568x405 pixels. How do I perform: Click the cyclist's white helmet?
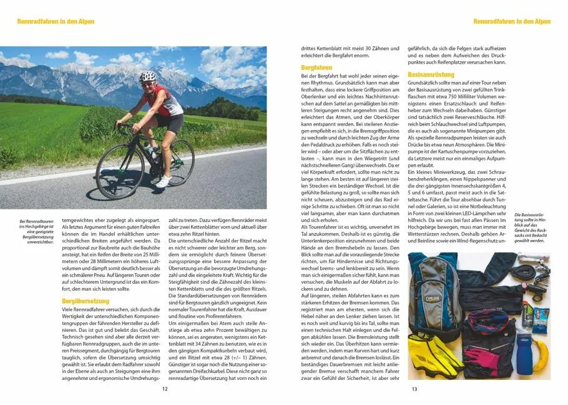click(148, 77)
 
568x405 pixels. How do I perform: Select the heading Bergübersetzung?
click(85, 301)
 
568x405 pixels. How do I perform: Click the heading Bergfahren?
click(316, 67)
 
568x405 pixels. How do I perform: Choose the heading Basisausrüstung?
click(431, 74)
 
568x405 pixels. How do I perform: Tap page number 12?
click(165, 389)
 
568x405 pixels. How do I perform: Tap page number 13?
click(414, 389)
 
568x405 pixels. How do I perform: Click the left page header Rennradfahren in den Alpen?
click(56, 21)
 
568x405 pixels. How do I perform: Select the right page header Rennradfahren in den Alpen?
click(512, 21)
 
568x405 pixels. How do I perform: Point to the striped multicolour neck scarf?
click(484, 321)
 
